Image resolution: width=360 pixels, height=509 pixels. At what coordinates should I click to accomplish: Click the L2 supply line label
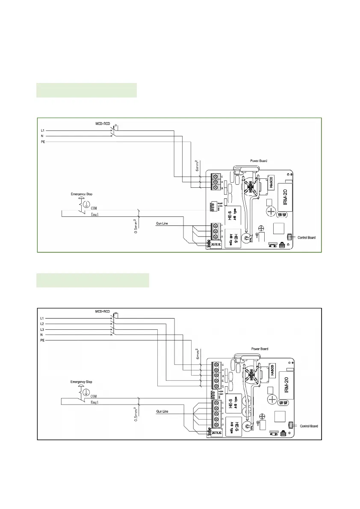(x=42, y=324)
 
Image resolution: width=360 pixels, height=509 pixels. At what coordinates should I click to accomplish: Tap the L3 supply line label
(x=42, y=329)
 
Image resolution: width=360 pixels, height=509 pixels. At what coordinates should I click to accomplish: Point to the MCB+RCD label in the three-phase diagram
(x=102, y=311)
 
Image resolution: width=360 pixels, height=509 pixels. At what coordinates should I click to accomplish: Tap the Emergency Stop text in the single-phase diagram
(x=81, y=194)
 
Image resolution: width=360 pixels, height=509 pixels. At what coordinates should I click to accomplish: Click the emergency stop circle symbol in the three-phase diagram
(x=86, y=392)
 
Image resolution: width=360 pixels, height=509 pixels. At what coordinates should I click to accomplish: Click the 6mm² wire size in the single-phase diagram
(x=198, y=165)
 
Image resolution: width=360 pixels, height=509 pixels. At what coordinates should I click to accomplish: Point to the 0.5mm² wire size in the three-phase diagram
(x=136, y=414)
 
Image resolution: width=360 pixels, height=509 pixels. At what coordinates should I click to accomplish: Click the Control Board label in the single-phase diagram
(x=307, y=237)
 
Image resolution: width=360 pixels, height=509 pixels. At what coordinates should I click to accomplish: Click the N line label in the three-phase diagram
(x=42, y=335)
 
